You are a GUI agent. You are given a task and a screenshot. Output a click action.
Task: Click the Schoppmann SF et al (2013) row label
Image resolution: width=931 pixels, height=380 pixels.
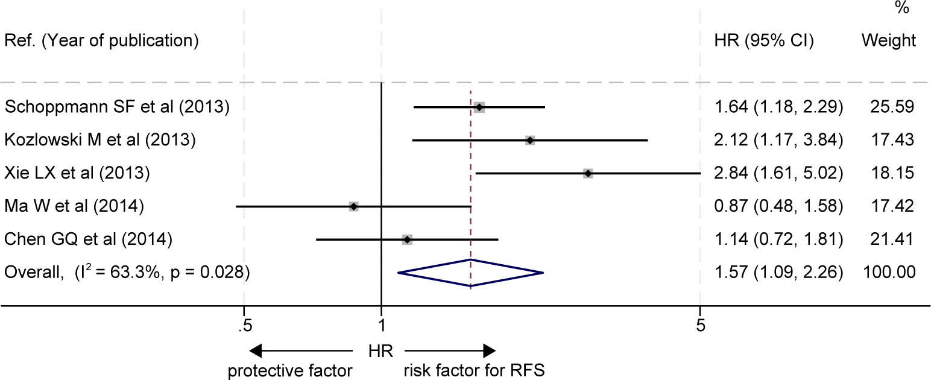(x=117, y=107)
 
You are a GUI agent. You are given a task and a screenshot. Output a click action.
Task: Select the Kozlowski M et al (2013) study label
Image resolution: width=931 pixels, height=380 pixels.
(x=100, y=141)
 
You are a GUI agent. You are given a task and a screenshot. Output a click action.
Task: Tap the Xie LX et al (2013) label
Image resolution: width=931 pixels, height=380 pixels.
(x=77, y=174)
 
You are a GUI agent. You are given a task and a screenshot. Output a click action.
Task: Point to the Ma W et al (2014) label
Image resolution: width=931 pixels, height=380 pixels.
(x=74, y=207)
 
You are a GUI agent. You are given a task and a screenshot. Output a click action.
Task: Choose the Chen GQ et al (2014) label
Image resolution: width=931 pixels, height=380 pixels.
(x=89, y=240)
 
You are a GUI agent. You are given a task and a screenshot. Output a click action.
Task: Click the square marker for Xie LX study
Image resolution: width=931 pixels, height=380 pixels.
(x=588, y=174)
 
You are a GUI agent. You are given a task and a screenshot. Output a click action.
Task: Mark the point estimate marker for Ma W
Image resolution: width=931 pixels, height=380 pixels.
(x=353, y=207)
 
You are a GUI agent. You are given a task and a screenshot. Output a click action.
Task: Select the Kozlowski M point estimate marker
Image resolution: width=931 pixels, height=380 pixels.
(x=529, y=141)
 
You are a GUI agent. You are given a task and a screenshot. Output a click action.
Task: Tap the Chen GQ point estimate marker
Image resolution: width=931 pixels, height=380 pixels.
(x=407, y=240)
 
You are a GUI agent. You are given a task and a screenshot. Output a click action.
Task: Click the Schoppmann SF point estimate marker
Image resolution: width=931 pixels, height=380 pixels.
(x=479, y=107)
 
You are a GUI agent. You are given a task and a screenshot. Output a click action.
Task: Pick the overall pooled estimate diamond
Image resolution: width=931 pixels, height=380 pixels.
(x=471, y=273)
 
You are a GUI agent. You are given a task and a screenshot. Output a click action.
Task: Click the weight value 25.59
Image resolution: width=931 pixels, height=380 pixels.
(x=892, y=107)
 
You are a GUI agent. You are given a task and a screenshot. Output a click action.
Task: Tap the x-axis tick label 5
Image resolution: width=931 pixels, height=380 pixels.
(x=700, y=326)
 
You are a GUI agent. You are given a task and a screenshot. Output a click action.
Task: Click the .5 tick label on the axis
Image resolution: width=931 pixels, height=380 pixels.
(x=243, y=326)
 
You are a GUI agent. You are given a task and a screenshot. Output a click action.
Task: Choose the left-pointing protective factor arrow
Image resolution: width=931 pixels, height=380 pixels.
(x=300, y=350)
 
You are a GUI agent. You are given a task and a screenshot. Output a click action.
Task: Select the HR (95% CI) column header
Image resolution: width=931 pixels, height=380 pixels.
(x=763, y=41)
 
